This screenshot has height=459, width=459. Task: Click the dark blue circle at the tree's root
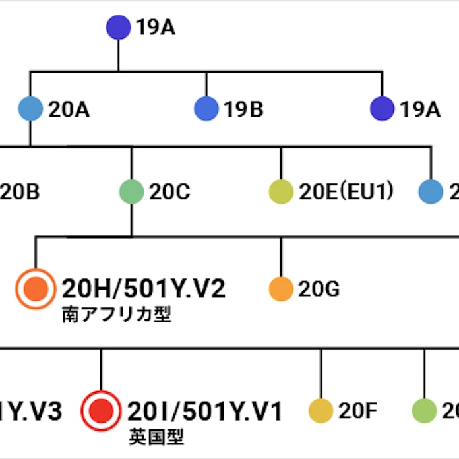(119, 28)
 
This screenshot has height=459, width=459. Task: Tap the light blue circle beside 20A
(30, 109)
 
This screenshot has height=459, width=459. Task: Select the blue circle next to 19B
(206, 109)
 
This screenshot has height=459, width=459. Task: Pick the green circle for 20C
(131, 192)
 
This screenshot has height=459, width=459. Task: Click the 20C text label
(169, 193)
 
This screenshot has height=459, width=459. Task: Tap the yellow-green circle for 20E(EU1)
(281, 192)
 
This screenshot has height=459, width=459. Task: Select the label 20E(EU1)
(346, 193)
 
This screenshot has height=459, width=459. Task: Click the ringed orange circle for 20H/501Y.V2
(36, 289)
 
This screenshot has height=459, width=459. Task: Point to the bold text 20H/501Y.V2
(144, 289)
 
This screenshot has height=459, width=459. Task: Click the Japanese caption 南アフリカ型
(117, 314)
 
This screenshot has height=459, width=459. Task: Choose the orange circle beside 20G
(281, 289)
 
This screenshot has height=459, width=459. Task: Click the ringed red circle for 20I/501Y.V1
(100, 412)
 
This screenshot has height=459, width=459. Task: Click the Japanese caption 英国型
(156, 436)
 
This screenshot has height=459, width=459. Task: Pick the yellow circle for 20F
(321, 411)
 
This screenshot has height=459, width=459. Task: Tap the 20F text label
(357, 412)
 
